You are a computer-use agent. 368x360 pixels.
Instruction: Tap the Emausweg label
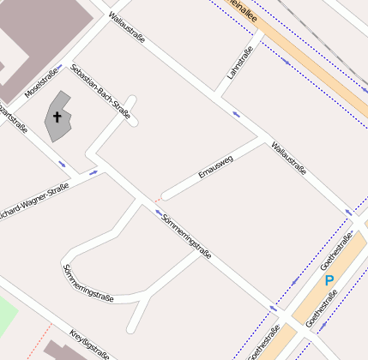coord(215,166)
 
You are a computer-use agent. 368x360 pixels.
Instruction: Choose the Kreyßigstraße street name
coord(90,343)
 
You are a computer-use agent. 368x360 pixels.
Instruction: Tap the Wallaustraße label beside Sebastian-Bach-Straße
coord(126,26)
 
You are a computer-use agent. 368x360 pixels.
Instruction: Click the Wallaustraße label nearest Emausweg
coord(288,158)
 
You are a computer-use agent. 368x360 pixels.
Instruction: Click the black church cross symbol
coord(57,117)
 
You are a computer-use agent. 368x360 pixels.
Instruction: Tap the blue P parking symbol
coord(329,280)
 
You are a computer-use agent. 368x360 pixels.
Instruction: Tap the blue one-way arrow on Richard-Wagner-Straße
coord(94,173)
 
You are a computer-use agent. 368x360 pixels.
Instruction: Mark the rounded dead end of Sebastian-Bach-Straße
coord(131,100)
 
